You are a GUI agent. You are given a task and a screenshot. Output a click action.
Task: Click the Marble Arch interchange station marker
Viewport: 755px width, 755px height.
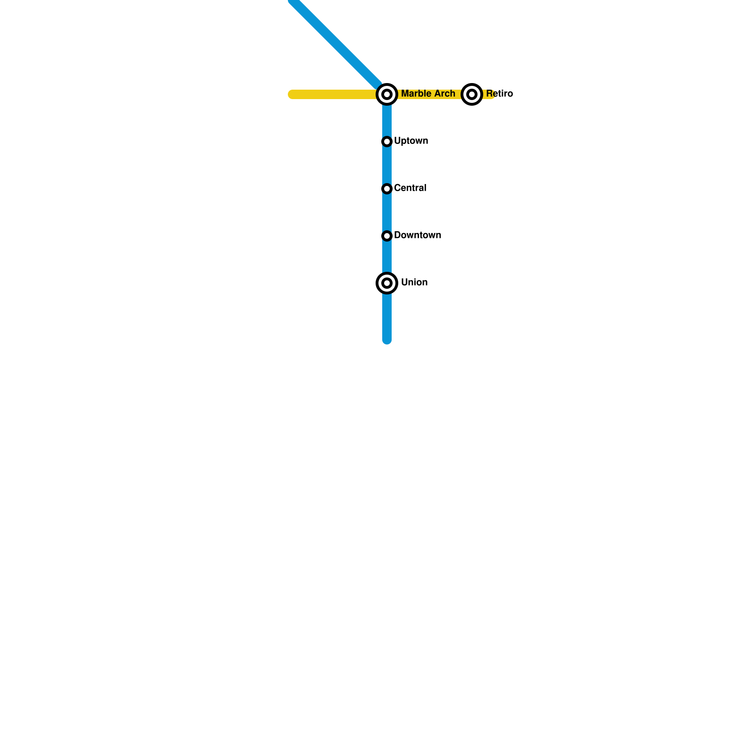(x=387, y=94)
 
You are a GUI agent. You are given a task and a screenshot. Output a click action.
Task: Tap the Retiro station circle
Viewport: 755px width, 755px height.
(x=472, y=94)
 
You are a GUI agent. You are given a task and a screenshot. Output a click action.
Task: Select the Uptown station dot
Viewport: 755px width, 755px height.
(x=387, y=142)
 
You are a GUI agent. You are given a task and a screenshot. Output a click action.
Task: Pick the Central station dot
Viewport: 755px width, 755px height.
(x=387, y=189)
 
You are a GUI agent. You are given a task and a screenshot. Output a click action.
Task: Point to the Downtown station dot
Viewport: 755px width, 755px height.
(x=387, y=236)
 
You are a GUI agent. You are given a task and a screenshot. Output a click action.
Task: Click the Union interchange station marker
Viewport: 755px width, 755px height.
(x=387, y=283)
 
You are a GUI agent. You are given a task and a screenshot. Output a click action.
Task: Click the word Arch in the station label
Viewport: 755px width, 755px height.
(x=445, y=94)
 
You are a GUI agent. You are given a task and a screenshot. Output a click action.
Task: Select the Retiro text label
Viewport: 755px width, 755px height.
(x=499, y=94)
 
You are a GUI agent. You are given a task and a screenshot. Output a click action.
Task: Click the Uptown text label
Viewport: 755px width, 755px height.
(x=411, y=141)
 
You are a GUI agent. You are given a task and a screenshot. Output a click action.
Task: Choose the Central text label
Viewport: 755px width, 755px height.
(x=410, y=188)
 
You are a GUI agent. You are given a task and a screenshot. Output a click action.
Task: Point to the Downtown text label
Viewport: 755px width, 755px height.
(x=418, y=235)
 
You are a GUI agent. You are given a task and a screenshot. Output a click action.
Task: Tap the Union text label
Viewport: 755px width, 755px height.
(x=414, y=283)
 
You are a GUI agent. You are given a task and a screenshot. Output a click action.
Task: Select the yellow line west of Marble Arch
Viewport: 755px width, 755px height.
(x=330, y=94)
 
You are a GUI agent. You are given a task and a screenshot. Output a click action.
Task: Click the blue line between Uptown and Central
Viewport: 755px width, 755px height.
(x=387, y=165)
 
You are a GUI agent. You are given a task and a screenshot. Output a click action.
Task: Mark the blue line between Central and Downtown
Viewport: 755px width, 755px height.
(x=387, y=212)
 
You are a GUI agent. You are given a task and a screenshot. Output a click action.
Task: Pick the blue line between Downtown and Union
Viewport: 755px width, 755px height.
(x=387, y=257)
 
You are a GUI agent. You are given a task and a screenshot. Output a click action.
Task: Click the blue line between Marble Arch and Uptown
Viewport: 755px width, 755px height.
(x=387, y=120)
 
